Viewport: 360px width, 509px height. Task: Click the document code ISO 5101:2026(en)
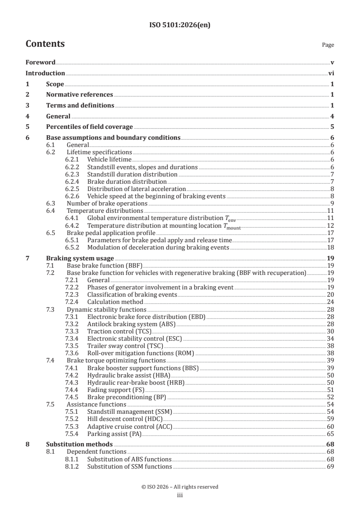[x=180, y=25]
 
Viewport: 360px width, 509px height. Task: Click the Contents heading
[x=45, y=44]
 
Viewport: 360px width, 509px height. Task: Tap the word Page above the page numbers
[x=328, y=45]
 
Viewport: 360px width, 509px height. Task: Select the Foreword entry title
[x=40, y=62]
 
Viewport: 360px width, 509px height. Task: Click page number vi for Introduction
[x=331, y=73]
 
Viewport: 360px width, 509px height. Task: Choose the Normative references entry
[x=79, y=94]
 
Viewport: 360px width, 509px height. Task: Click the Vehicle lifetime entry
[x=109, y=160]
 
